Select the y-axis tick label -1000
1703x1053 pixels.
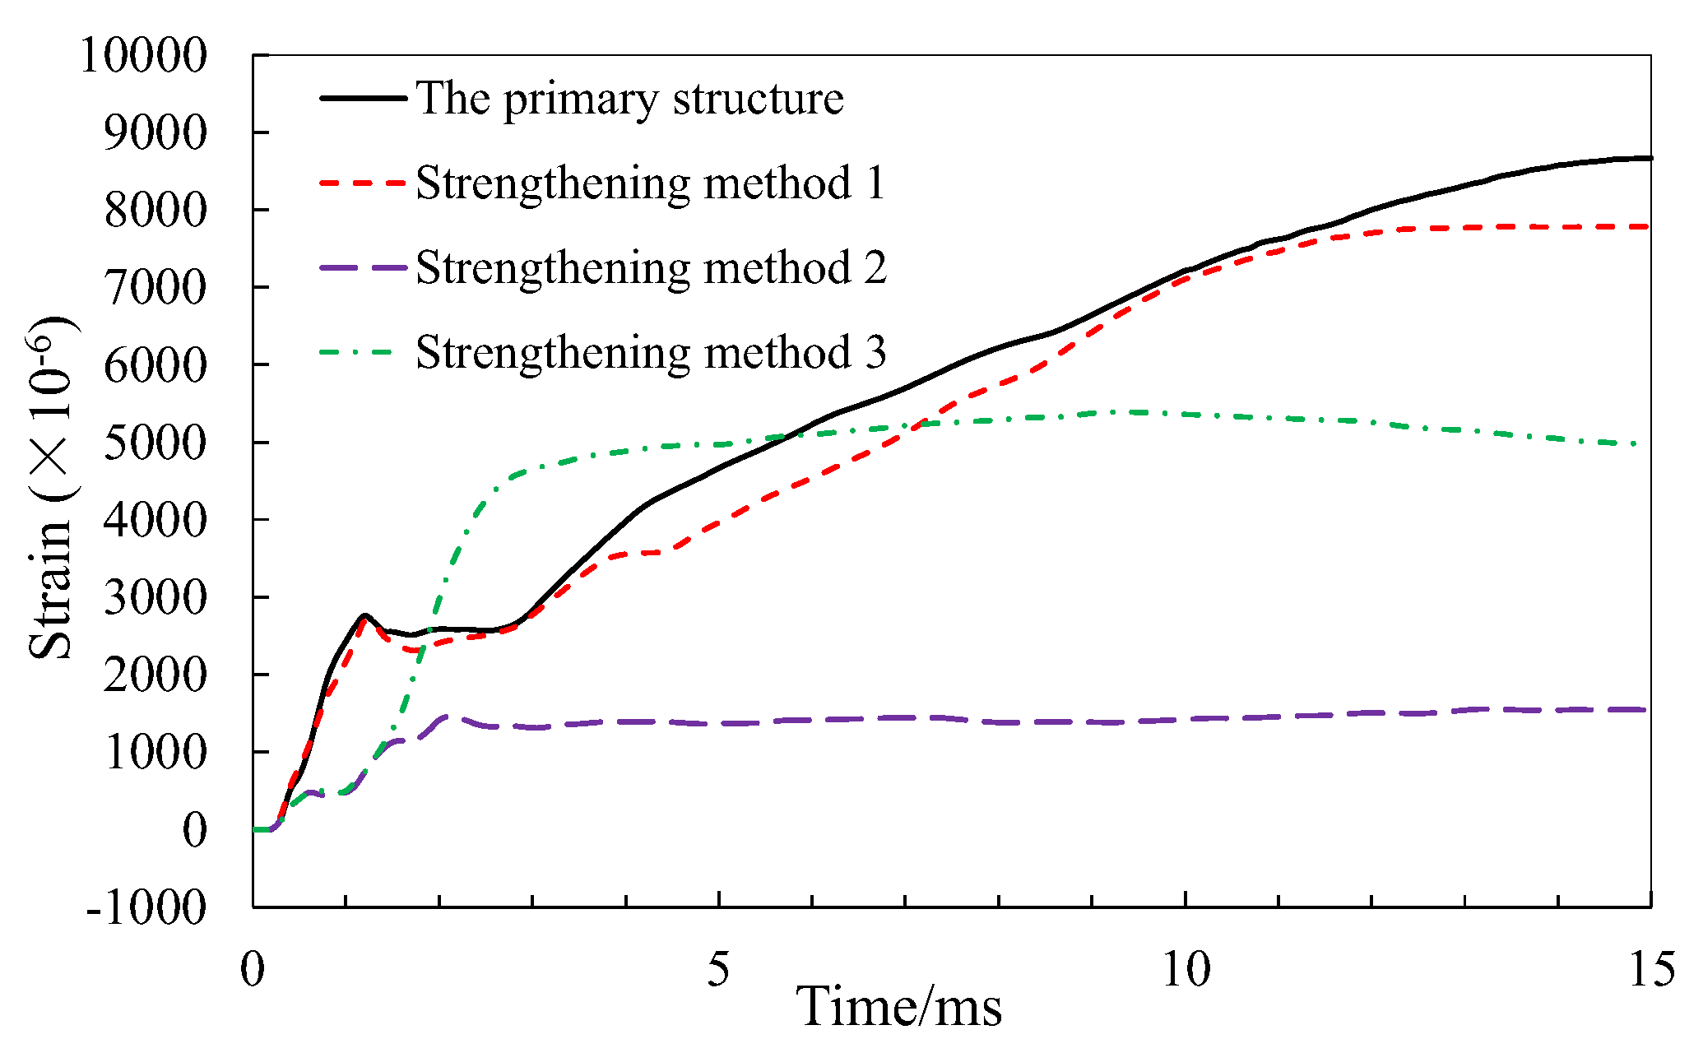[x=146, y=907]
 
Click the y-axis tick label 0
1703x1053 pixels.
[x=194, y=829]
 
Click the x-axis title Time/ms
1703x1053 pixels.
[x=898, y=1007]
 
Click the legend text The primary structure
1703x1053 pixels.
[x=629, y=99]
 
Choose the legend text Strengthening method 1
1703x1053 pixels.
[x=650, y=183]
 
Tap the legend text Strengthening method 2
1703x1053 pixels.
[x=650, y=267]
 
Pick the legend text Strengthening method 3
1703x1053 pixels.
[x=650, y=352]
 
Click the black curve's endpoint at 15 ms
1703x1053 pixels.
[x=1650, y=158]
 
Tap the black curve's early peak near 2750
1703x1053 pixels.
[x=364, y=615]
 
